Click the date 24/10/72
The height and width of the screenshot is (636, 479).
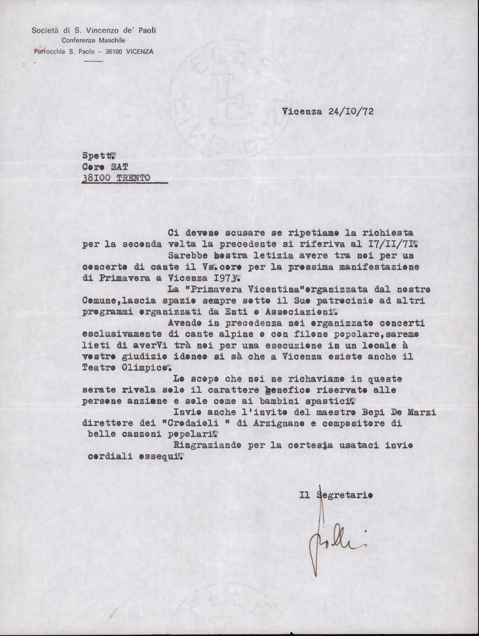coord(351,112)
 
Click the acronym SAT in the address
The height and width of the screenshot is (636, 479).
coord(115,167)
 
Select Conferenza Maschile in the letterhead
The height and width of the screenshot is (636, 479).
coord(93,41)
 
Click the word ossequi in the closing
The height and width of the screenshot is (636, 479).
coord(160,457)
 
